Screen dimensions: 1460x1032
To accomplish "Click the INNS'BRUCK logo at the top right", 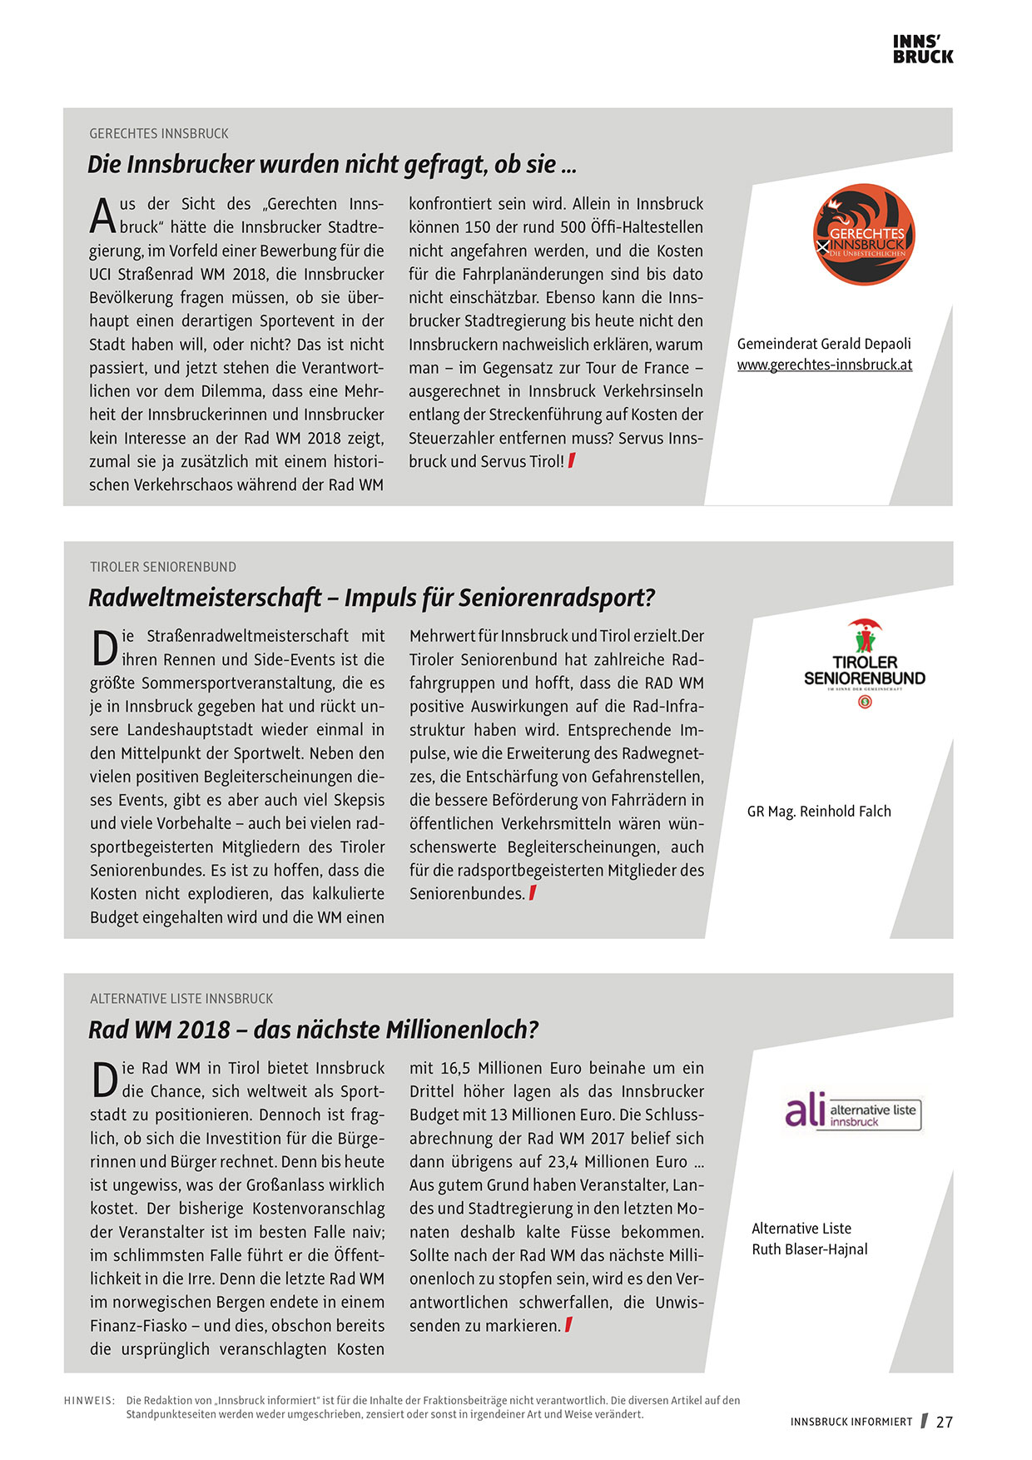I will coord(923,49).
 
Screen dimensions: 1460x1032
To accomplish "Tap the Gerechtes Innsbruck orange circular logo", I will coord(864,235).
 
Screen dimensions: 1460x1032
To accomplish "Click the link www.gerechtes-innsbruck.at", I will coord(825,365).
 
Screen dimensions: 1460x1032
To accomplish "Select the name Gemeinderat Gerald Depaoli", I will coord(824,344).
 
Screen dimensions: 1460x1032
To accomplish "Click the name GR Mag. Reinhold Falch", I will coord(819,812).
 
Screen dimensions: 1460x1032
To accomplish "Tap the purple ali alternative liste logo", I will coord(853,1112).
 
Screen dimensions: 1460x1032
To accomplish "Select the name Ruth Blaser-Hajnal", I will coord(810,1249).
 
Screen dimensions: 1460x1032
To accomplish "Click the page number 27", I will coord(945,1423).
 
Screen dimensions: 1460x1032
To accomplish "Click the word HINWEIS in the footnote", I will coord(89,1401).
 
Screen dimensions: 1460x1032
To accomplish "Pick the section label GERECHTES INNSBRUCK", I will coord(159,133).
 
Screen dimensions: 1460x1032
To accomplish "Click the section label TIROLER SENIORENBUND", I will coord(163,567).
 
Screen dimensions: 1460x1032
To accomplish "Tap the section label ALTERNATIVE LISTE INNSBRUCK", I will coord(181,999).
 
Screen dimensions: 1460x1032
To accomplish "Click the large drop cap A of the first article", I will coord(102,216).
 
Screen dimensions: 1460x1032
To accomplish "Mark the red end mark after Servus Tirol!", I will coord(572,461).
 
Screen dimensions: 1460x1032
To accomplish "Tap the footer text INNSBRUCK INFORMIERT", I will coord(851,1423).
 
